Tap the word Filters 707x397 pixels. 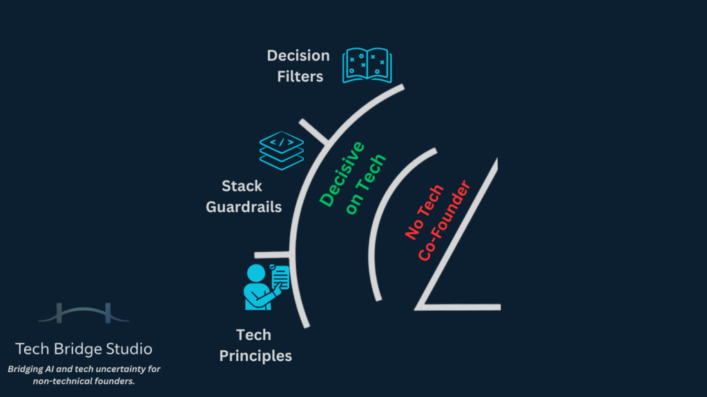pos(300,77)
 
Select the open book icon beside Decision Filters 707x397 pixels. pos(367,65)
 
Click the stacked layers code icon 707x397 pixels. pos(281,150)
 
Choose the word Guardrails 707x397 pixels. pos(244,207)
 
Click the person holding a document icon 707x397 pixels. pos(266,285)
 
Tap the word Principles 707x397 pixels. pos(255,356)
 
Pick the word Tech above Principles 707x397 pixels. pos(253,336)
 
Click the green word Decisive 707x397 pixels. pos(342,173)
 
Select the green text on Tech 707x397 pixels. pos(366,185)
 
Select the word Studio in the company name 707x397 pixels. pos(129,349)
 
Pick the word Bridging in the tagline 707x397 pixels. pos(29,369)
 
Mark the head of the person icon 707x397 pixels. pos(256,273)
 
